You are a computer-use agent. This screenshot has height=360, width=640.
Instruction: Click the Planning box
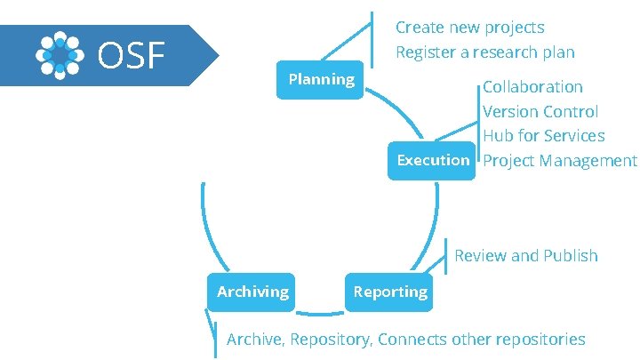click(321, 80)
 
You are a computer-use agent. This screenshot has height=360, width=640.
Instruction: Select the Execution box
click(433, 160)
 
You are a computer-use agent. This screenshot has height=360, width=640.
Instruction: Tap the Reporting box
click(390, 292)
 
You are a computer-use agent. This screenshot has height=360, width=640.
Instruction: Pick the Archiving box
click(252, 292)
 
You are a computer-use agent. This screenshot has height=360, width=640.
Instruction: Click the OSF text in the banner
click(132, 56)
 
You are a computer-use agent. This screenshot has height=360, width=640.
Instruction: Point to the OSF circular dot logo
click(60, 55)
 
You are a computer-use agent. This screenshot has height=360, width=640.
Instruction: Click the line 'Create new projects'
click(469, 28)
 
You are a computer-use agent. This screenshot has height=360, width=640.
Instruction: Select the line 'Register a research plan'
click(484, 52)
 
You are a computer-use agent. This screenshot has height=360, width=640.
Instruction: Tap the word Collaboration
click(532, 87)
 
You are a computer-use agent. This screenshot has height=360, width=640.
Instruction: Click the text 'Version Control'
click(540, 112)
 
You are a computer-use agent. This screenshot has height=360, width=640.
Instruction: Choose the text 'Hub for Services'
click(543, 136)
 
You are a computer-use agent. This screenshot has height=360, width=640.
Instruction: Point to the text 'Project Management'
click(559, 161)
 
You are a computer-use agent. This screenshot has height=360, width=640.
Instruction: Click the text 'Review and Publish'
click(525, 256)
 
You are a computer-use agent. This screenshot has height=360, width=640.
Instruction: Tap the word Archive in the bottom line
click(254, 340)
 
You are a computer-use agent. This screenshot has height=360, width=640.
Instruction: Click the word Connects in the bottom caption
click(413, 340)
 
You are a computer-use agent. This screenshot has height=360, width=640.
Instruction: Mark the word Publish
click(571, 256)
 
